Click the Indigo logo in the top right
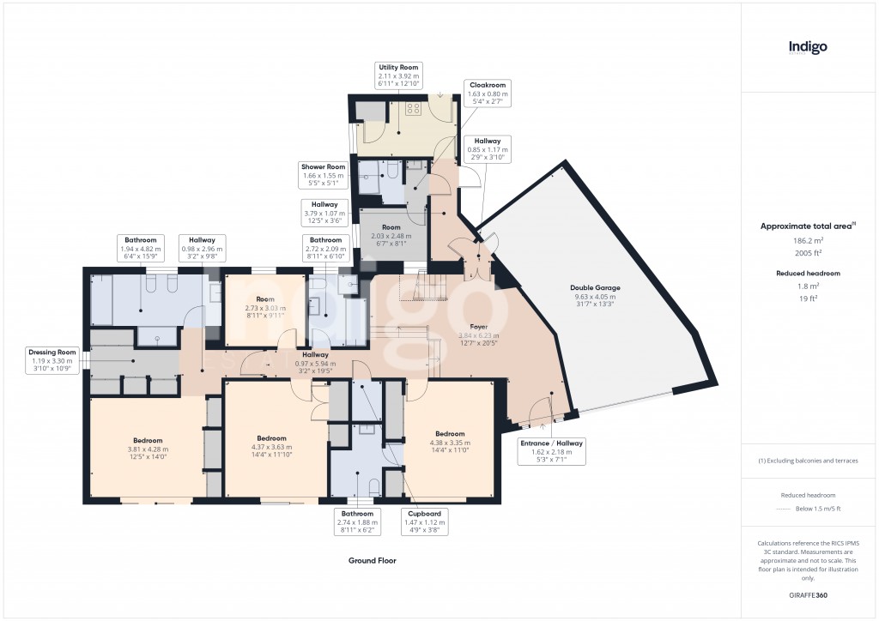click(x=808, y=48)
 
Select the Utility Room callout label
click(x=398, y=77)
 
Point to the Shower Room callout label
click(x=323, y=176)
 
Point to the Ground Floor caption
click(x=372, y=561)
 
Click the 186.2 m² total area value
click(x=807, y=241)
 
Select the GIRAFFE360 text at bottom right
click(x=808, y=595)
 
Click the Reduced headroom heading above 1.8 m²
click(x=808, y=274)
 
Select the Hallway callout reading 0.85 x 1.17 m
click(x=488, y=150)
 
